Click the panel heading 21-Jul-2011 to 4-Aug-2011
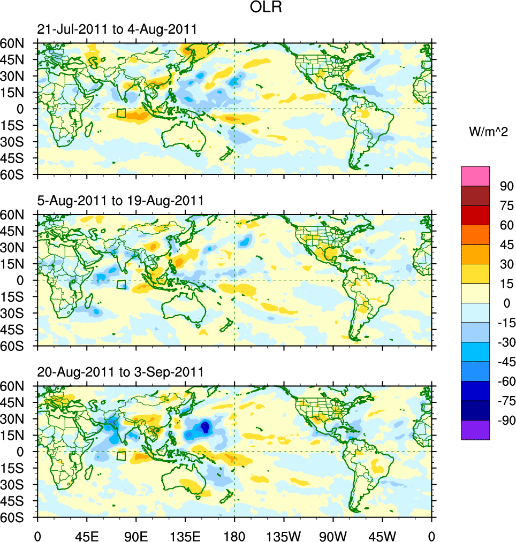pyautogui.click(x=117, y=29)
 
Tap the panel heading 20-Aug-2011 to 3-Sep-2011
pyautogui.click(x=120, y=372)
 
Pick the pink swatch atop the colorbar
pyautogui.click(x=475, y=176)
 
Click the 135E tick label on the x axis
pyautogui.click(x=185, y=535)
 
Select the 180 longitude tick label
pyautogui.click(x=234, y=535)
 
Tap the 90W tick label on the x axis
pyautogui.click(x=333, y=535)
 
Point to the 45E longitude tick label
pyautogui.click(x=87, y=535)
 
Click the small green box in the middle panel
pyautogui.click(x=122, y=285)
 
